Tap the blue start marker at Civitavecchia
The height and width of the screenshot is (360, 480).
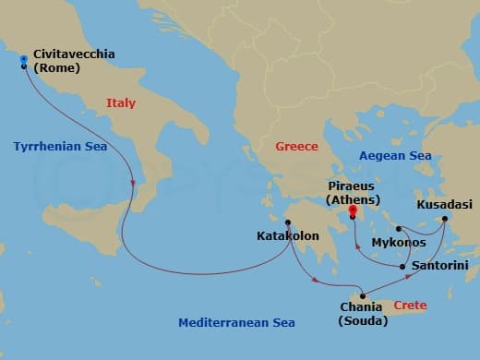[x=23, y=59]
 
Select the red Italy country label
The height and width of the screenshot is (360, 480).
[x=123, y=103]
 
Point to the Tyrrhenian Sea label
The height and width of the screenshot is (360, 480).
[x=60, y=146]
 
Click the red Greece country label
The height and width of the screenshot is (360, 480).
[x=296, y=146]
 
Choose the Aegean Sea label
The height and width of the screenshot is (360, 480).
[x=395, y=156]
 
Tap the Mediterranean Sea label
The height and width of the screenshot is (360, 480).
[x=237, y=322]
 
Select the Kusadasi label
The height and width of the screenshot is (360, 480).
[x=441, y=203]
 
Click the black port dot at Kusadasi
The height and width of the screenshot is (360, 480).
[x=444, y=219]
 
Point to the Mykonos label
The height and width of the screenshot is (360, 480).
[x=398, y=242]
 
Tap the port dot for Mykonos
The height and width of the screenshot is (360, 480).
[x=398, y=229]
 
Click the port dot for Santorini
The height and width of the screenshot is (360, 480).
[x=403, y=267]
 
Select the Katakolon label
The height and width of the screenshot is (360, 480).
[x=287, y=236]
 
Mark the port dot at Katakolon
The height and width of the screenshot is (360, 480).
[x=288, y=222]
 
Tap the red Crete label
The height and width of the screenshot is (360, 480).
[x=410, y=305]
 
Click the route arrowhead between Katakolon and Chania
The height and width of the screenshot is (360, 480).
[x=318, y=279]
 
